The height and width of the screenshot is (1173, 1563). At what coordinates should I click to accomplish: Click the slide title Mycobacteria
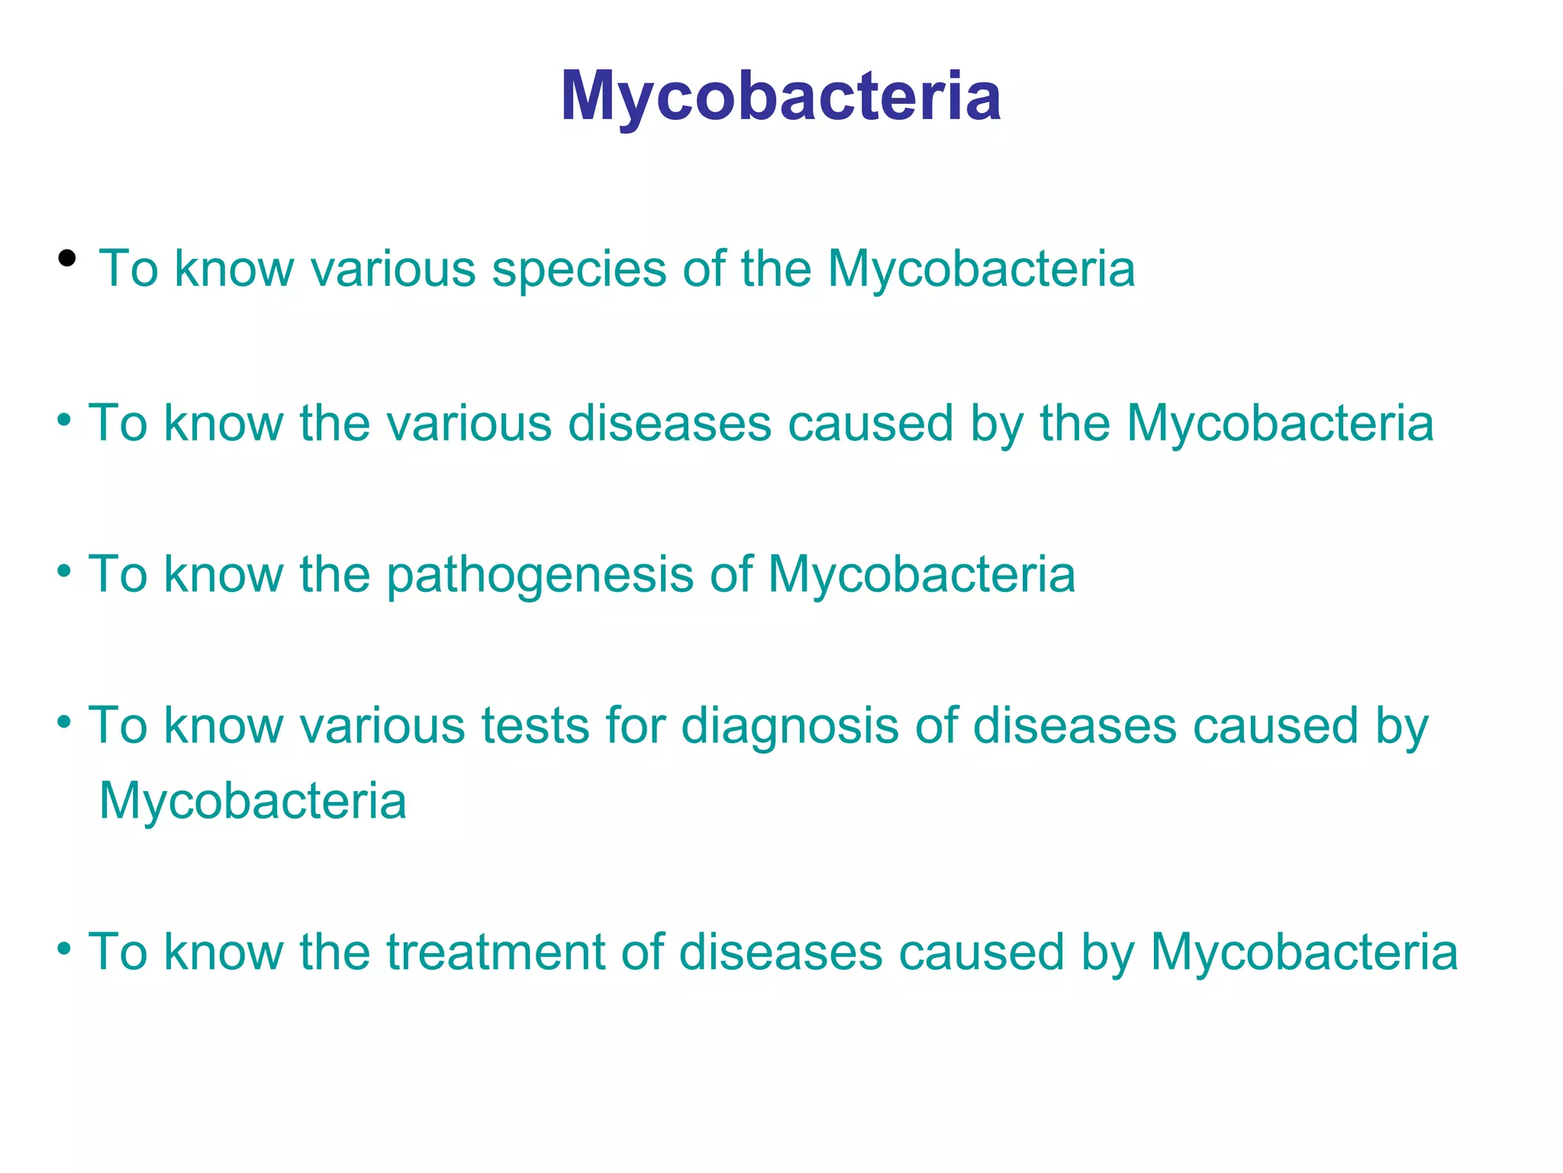point(780,96)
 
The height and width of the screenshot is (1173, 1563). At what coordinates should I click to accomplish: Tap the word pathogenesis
point(540,574)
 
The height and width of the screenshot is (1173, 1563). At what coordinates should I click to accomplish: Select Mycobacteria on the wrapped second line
point(253,801)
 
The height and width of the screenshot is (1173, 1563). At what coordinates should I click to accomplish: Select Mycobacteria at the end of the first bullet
point(981,270)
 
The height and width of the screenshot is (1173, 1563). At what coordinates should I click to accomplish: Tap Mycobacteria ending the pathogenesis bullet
point(921,574)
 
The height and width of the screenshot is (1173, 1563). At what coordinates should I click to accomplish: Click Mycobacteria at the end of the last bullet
point(1304,952)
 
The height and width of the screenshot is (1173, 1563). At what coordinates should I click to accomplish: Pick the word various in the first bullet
point(392,270)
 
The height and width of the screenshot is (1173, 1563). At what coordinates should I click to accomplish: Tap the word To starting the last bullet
point(118,952)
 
